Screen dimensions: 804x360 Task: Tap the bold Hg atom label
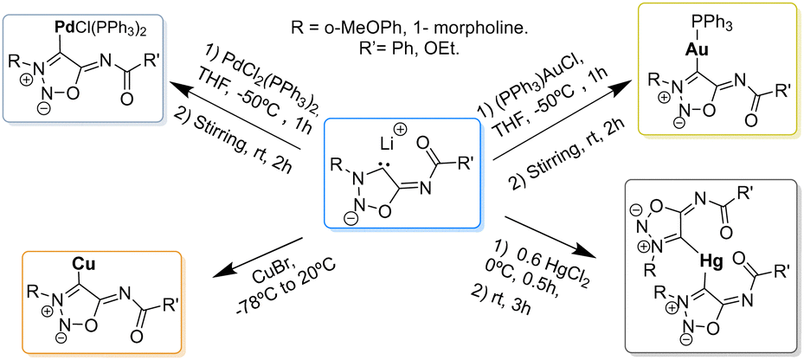(x=713, y=264)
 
